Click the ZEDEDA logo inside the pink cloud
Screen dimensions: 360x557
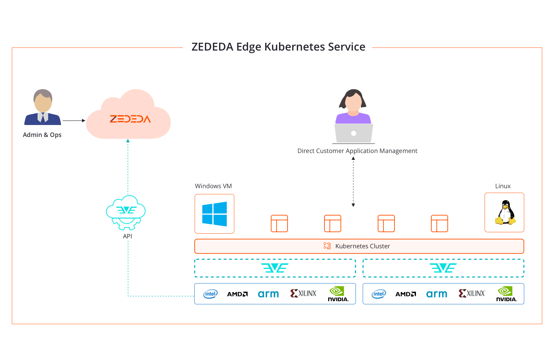coord(130,119)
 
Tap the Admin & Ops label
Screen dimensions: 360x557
coord(42,135)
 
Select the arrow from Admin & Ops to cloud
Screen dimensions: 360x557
coord(74,121)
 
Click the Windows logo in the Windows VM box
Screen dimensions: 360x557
coord(214,214)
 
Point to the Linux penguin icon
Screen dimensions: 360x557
coord(505,213)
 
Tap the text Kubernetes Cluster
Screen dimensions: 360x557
coord(362,246)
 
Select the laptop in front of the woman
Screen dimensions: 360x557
coord(353,134)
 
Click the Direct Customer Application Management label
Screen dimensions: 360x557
coord(357,151)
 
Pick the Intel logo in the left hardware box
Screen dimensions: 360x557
coord(210,294)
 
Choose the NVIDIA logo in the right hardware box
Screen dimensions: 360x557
coord(506,294)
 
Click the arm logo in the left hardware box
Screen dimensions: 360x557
coord(268,294)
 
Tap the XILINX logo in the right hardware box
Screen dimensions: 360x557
coord(472,293)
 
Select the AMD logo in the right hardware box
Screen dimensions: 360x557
coord(405,294)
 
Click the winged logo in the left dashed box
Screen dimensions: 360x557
coord(275,268)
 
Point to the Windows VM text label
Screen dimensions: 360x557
coord(213,186)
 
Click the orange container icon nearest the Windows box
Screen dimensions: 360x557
coord(279,223)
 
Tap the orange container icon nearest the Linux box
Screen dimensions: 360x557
coord(440,223)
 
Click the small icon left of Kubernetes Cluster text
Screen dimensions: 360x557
coord(327,246)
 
